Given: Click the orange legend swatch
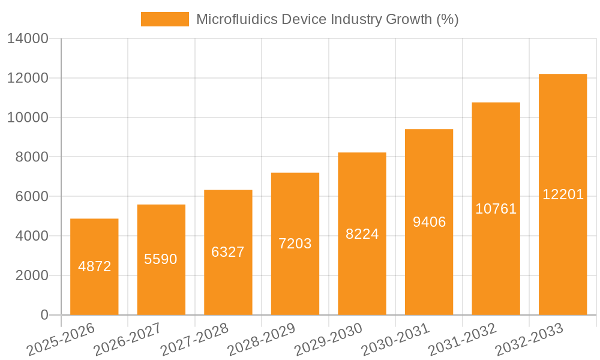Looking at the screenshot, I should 164,19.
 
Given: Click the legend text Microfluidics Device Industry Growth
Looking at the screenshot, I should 328,19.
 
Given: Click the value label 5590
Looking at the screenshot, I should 161,259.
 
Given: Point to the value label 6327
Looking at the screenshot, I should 228,252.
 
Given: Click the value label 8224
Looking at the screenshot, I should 362,234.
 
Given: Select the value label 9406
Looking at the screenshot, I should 429,222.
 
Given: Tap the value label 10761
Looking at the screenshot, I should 496,209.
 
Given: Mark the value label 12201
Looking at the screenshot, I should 563,194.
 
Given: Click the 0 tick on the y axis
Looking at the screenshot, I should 44,315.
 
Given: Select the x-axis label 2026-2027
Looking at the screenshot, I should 127,340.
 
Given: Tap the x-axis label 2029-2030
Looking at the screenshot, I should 328,340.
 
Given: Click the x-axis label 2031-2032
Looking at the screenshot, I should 461,340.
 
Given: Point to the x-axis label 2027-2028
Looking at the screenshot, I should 194,340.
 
